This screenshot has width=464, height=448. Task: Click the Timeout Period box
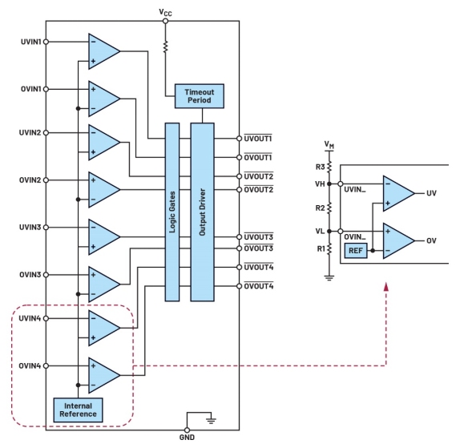200,96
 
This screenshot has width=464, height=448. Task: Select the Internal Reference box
78,410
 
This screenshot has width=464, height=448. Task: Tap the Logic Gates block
172,212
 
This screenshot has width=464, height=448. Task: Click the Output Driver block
203,212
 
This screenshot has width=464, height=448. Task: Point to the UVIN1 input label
30,42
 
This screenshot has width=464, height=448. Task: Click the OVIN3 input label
30,275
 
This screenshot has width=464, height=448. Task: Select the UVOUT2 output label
258,176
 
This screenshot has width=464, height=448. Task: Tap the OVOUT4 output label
258,286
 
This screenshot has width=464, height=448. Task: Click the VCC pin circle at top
165,21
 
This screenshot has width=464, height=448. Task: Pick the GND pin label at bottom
187,438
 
